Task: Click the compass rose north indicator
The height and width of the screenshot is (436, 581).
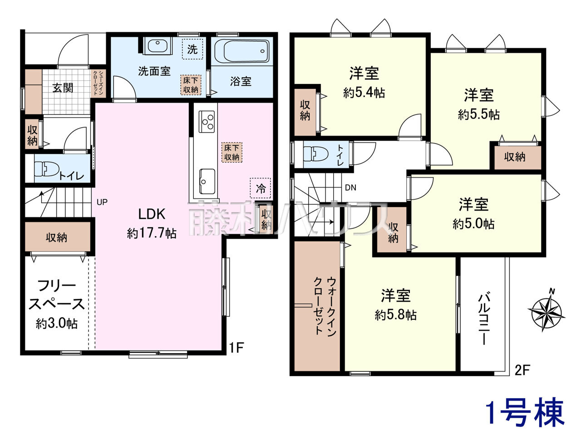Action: click(546, 311)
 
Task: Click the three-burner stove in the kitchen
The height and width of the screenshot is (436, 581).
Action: click(207, 122)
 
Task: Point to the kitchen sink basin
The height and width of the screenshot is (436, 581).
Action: click(207, 181)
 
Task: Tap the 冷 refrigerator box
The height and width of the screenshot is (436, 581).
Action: click(261, 188)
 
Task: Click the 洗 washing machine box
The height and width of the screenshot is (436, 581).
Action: click(192, 49)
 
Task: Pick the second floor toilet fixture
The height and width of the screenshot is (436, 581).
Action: click(316, 154)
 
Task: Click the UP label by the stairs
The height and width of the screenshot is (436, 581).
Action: click(102, 202)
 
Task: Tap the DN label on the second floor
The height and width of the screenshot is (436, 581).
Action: click(351, 188)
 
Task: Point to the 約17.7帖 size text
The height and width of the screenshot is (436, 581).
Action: click(152, 233)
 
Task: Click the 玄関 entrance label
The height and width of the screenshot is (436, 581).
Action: click(63, 88)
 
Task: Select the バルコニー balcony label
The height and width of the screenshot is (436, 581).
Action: click(484, 318)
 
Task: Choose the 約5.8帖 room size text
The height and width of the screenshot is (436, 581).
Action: click(395, 315)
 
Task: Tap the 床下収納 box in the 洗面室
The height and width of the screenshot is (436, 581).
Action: click(191, 85)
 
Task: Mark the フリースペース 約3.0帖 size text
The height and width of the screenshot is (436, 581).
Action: click(57, 323)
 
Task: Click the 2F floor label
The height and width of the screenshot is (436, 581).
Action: click(522, 370)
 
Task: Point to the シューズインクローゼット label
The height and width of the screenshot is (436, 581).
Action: click(98, 83)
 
